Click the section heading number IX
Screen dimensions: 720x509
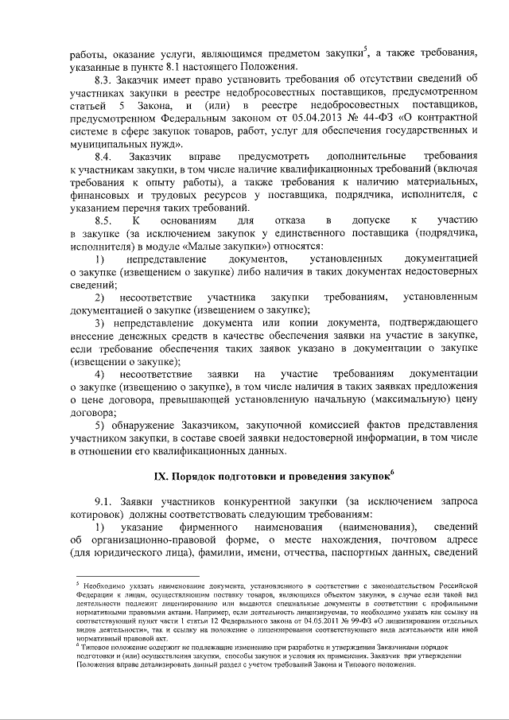[161, 475]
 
